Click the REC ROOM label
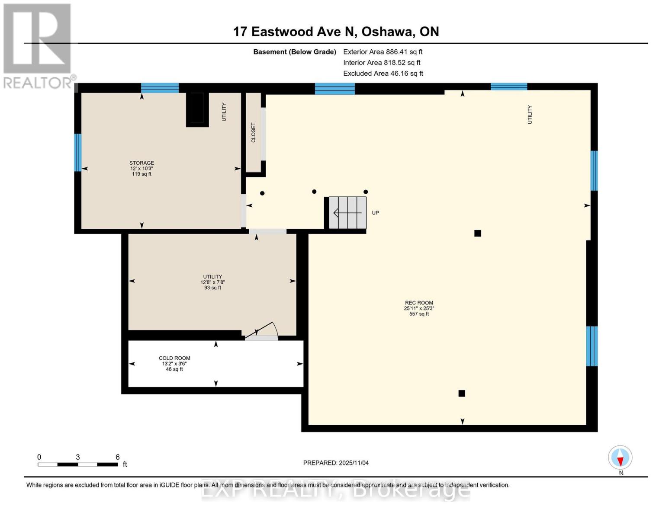pyautogui.click(x=419, y=303)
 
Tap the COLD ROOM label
pyautogui.click(x=174, y=358)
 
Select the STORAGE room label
pyautogui.click(x=141, y=163)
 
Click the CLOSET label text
pyautogui.click(x=254, y=132)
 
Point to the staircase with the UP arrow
pyautogui.click(x=347, y=213)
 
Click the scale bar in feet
pyautogui.click(x=78, y=465)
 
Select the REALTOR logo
pyautogui.click(x=38, y=45)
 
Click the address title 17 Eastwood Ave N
pyautogui.click(x=336, y=32)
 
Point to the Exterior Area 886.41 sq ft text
pyautogui.click(x=383, y=52)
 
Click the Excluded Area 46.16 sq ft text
pyautogui.click(x=383, y=74)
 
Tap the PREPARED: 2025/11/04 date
pyautogui.click(x=336, y=463)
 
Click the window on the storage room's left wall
pyautogui.click(x=78, y=153)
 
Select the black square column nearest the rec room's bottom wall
pyautogui.click(x=462, y=393)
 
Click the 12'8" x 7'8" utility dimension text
pyautogui.click(x=212, y=282)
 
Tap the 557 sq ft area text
pyautogui.click(x=419, y=314)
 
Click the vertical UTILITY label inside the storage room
pyautogui.click(x=224, y=112)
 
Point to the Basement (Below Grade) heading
pyautogui.click(x=295, y=52)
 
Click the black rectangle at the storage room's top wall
pyautogui.click(x=197, y=109)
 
